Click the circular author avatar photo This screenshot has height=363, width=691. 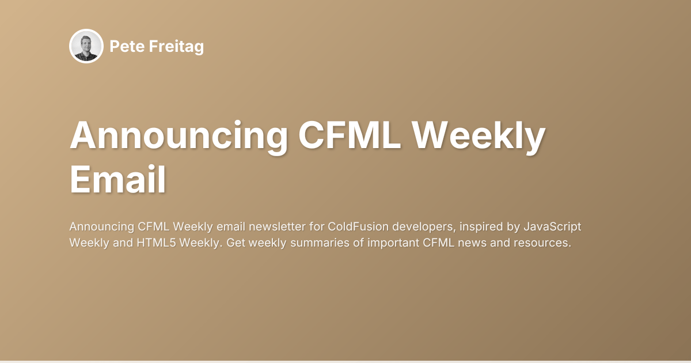86,46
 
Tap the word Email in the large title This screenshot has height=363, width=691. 118,180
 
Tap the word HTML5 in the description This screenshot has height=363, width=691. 157,243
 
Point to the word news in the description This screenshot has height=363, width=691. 475,243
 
